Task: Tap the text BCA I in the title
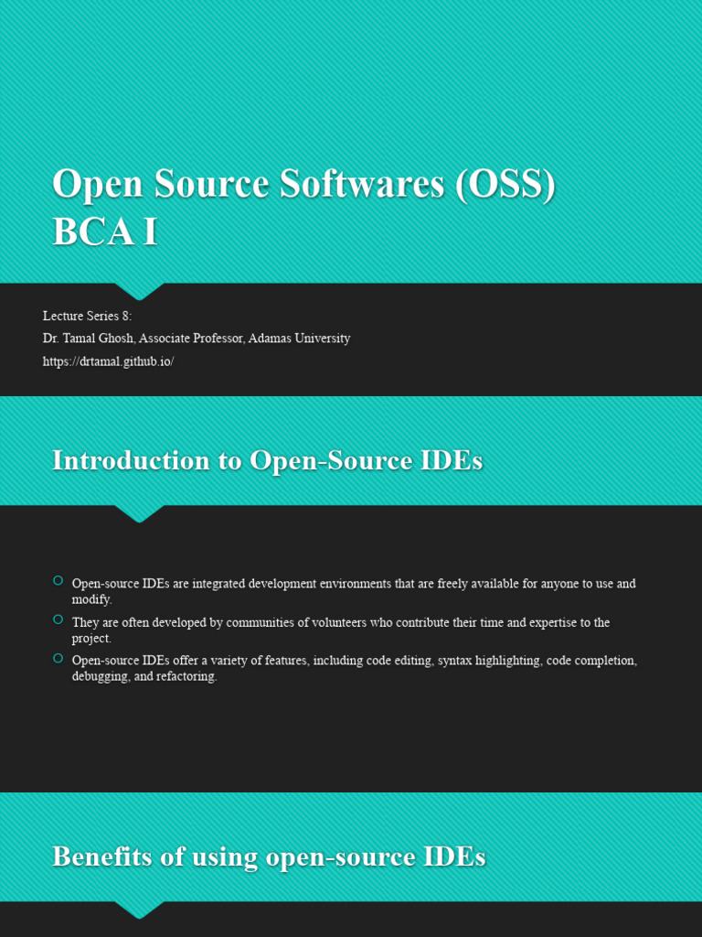coord(105,232)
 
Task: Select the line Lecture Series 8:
coord(88,316)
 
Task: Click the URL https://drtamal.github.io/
coord(108,361)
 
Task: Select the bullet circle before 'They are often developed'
coord(58,619)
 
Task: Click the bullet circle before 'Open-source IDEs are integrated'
coord(58,580)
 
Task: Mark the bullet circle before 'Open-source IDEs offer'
coord(58,658)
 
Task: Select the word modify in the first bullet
coord(90,599)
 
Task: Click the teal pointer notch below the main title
coord(139,291)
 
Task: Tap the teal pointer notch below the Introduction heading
coord(139,513)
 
